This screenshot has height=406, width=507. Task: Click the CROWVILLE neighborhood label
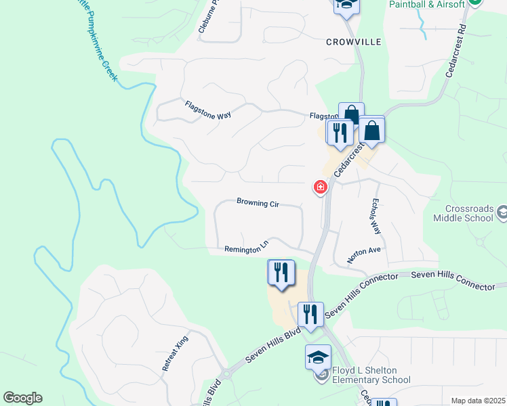pos(354,42)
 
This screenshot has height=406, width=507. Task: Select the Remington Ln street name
pos(247,249)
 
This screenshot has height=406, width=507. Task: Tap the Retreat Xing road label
pos(175,353)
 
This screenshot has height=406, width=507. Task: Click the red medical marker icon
pos(320,187)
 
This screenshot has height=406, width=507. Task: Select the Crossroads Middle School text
pos(470,214)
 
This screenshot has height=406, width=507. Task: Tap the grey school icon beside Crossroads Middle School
pos(502,214)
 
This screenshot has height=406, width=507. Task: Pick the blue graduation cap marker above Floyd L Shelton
pos(318,357)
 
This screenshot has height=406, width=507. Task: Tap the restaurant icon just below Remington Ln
pos(281,273)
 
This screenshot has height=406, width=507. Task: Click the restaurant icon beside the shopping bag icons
pos(340,132)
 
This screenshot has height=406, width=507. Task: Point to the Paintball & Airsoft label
pos(428,4)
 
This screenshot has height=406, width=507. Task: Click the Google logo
pos(22,398)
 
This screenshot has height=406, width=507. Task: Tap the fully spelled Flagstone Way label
pos(208,110)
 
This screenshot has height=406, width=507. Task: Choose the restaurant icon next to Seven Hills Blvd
pos(310,315)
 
